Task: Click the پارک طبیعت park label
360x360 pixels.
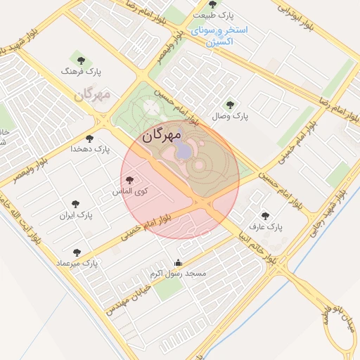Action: point(214,15)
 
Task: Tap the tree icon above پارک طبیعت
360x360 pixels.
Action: point(212,4)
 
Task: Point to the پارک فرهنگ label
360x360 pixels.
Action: point(78,72)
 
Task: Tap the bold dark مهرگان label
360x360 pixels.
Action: point(162,134)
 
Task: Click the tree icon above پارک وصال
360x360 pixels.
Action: point(230,104)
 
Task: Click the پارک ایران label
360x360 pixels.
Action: point(76,214)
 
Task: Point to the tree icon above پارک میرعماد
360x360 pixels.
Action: point(77,252)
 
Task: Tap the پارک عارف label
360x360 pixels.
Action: point(265,228)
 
